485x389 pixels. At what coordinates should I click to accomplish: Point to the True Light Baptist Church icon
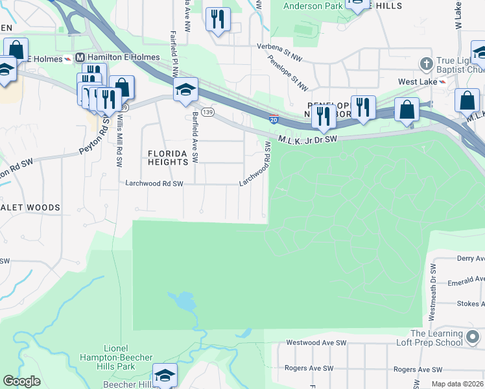point(426,64)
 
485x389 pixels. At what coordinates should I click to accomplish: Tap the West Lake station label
point(417,82)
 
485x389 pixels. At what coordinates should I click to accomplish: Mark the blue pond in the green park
point(183,301)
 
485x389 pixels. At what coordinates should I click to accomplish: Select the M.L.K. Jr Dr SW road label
point(308,139)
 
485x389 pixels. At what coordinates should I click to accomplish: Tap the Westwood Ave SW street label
point(317,342)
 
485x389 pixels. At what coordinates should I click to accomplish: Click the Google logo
point(22,381)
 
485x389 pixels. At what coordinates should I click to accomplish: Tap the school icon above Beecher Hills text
point(165,375)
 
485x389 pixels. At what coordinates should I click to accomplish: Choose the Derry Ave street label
point(470,258)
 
